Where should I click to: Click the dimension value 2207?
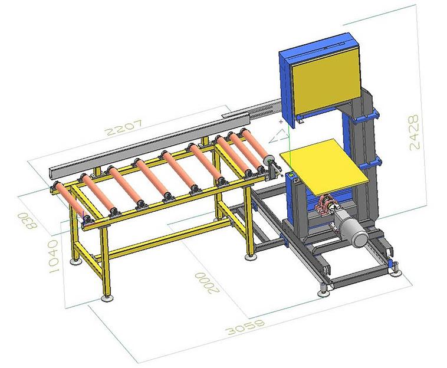123,129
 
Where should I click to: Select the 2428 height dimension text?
414,132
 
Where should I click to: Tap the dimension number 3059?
245,327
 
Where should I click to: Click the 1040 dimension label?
53,257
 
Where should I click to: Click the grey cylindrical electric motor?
351,229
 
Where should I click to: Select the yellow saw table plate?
325,167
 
